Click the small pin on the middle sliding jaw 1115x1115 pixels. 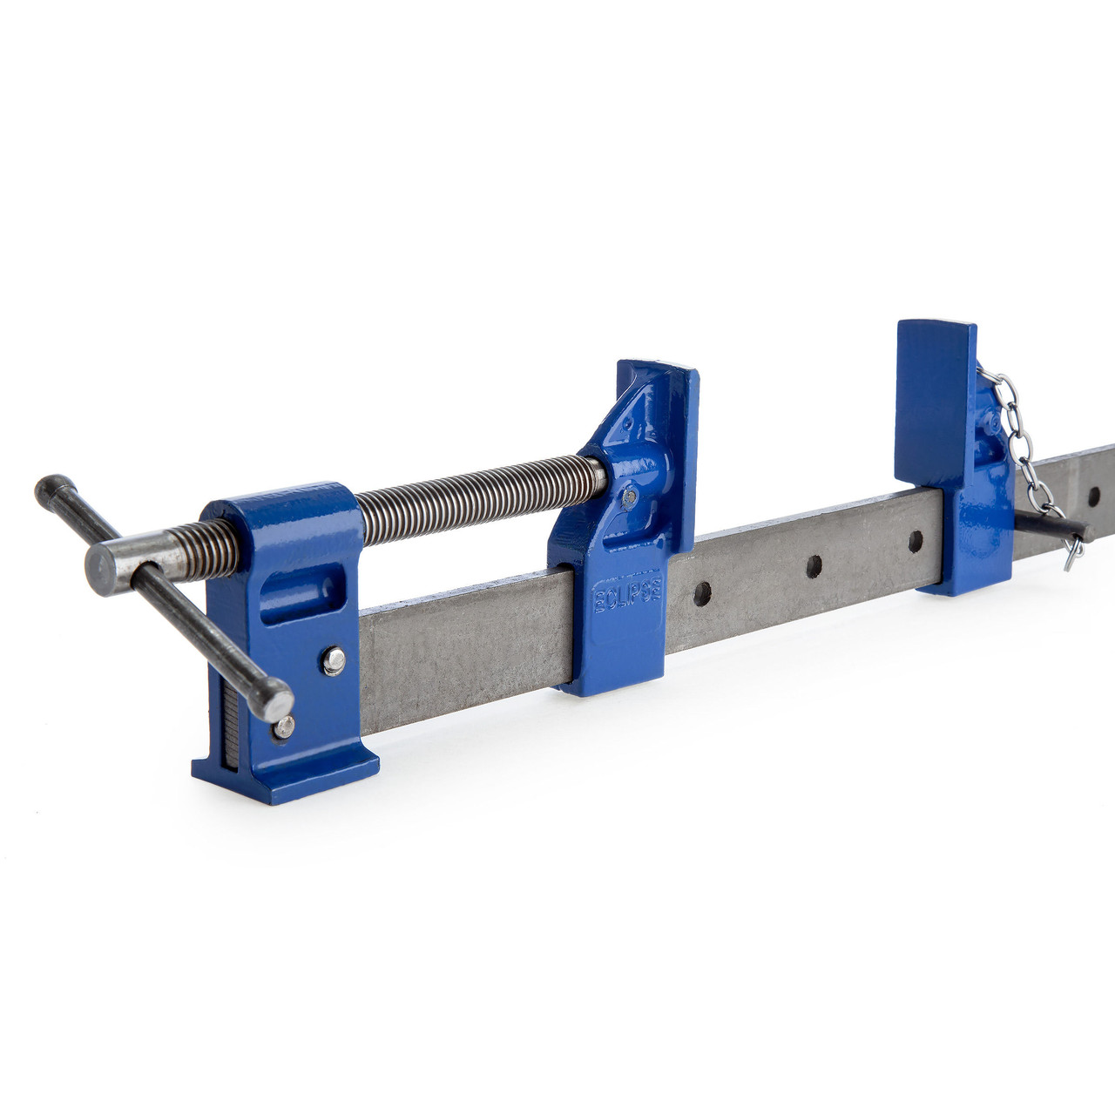(x=629, y=497)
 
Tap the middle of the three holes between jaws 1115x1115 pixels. (x=814, y=566)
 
